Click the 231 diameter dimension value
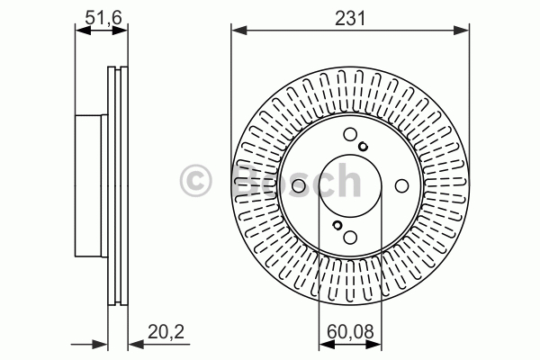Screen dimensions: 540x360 [350, 18]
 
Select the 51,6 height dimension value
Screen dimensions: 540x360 [103, 18]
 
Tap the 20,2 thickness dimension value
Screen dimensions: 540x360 [166, 332]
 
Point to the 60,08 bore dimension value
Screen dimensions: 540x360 [350, 332]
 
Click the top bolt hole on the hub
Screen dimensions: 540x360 [350, 134]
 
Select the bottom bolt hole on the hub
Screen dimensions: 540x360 [350, 237]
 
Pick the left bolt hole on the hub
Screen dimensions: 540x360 [299, 186]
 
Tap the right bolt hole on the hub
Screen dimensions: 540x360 [401, 185]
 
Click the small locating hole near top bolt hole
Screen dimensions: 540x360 [363, 147]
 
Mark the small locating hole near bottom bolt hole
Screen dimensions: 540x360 [337, 225]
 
